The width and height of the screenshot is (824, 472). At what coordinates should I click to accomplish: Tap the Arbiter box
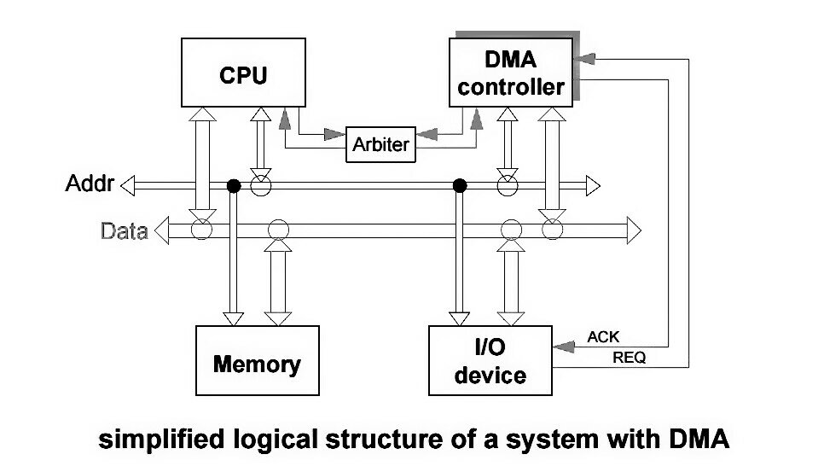tap(380, 144)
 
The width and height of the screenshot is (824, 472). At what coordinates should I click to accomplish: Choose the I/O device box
tap(490, 361)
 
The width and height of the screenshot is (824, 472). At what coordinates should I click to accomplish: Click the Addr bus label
tap(90, 184)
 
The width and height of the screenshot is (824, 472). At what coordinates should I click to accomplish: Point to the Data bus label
tap(124, 230)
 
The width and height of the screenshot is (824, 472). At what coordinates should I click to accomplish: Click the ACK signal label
tap(604, 337)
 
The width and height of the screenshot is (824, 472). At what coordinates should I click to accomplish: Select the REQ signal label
tap(630, 358)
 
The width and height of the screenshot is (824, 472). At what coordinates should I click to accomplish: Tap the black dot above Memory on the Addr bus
tap(232, 185)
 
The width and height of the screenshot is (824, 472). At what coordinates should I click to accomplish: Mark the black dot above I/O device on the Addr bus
tap(460, 185)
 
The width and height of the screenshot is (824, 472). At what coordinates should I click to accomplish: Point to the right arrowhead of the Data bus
tap(633, 229)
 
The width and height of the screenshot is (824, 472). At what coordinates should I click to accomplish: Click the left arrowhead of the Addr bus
tap(128, 184)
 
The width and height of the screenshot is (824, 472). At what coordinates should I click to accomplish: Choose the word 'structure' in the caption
tap(393, 440)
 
